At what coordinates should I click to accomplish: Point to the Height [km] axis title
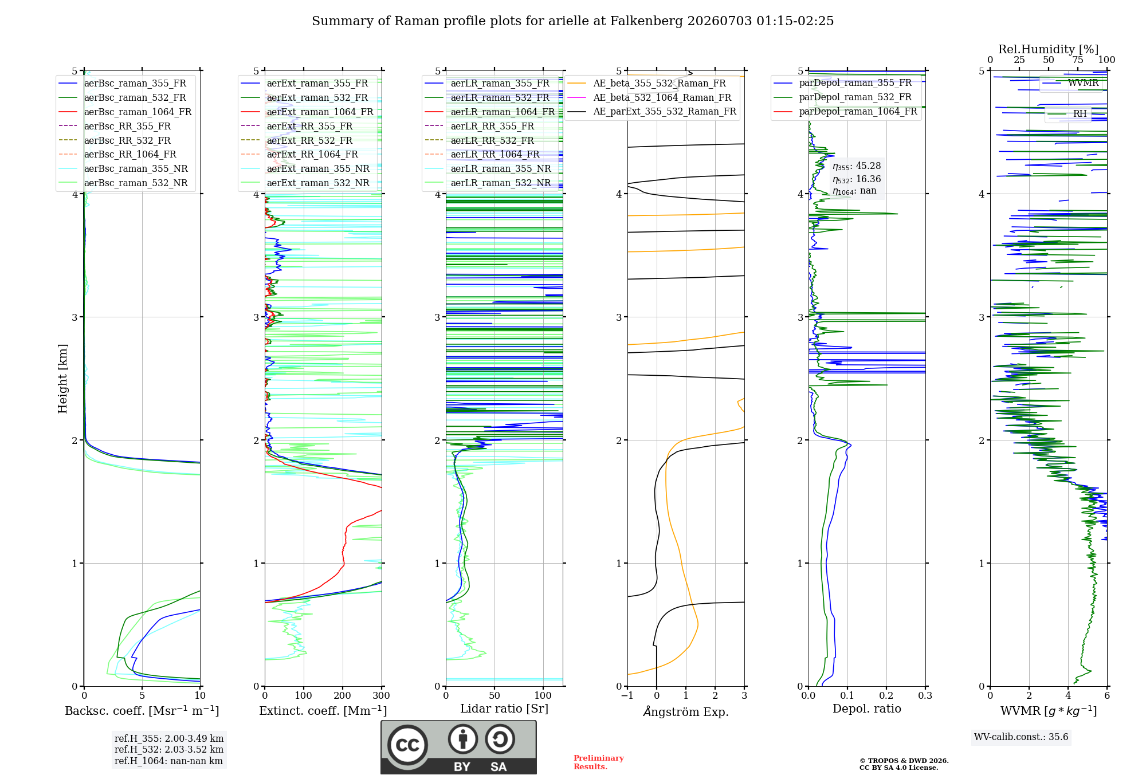coord(62,379)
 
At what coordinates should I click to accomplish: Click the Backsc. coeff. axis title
coord(142,711)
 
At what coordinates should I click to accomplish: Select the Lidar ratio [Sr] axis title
coord(504,709)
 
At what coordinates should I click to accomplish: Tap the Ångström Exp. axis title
coord(686,711)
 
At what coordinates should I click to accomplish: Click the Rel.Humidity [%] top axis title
coord(1049,49)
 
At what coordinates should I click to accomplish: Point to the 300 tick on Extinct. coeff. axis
coord(382,695)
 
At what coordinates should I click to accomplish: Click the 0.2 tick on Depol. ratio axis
coord(886,695)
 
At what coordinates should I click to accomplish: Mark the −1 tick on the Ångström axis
coord(627,695)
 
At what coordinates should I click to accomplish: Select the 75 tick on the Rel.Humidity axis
coord(1078,60)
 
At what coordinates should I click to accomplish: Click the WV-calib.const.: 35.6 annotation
coord(1021,737)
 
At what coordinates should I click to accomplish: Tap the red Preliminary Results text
coord(599,762)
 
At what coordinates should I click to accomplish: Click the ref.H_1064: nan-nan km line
coord(168,761)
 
